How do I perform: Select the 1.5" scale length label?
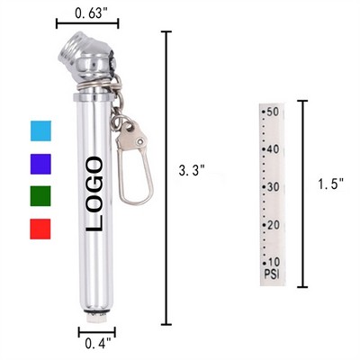[330, 185]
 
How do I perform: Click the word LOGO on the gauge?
[93, 193]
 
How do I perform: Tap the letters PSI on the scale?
[270, 272]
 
